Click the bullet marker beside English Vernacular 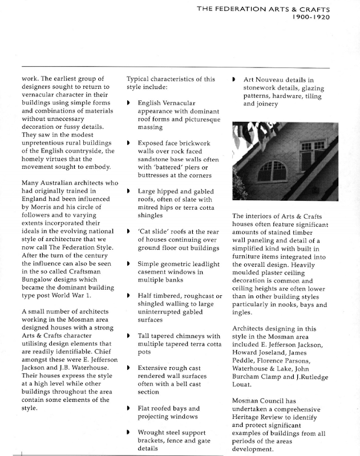[x=128, y=103]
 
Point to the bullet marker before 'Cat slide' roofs [x=128, y=233]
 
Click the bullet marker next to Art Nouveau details [x=234, y=80]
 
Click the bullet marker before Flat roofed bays [x=128, y=409]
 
